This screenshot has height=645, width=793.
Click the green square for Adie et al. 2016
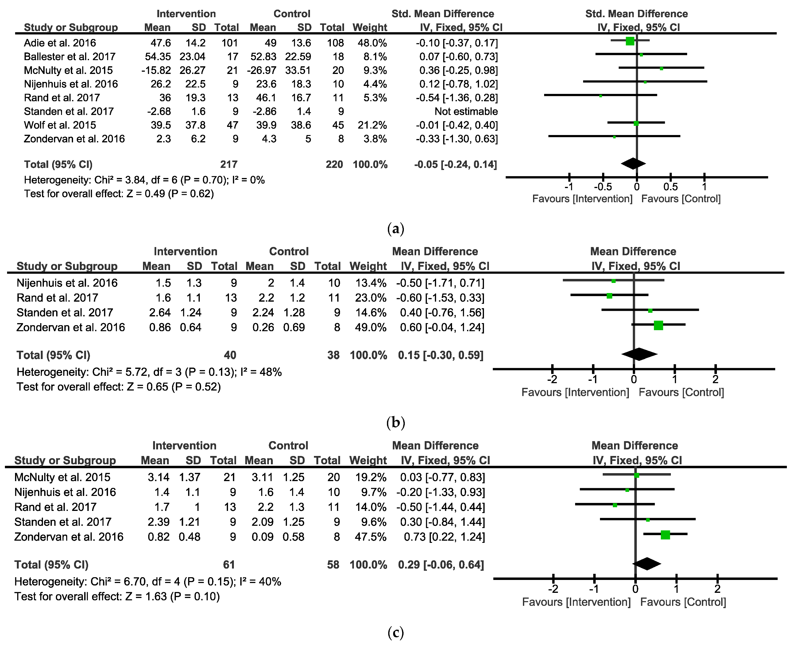(630, 41)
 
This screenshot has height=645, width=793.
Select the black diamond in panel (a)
(633, 164)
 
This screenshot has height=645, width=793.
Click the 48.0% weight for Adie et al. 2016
(372, 43)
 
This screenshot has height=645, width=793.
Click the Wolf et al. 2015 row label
(60, 125)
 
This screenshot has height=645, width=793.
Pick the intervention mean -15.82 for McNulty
(156, 71)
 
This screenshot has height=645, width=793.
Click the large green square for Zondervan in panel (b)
(658, 326)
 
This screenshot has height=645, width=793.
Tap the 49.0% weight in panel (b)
(370, 327)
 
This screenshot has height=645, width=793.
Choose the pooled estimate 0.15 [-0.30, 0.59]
(440, 355)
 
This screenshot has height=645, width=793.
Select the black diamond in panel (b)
(639, 354)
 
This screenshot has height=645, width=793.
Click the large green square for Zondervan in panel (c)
(665, 535)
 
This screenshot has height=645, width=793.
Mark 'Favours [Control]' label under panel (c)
(683, 602)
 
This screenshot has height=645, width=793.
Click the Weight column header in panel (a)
(369, 28)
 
